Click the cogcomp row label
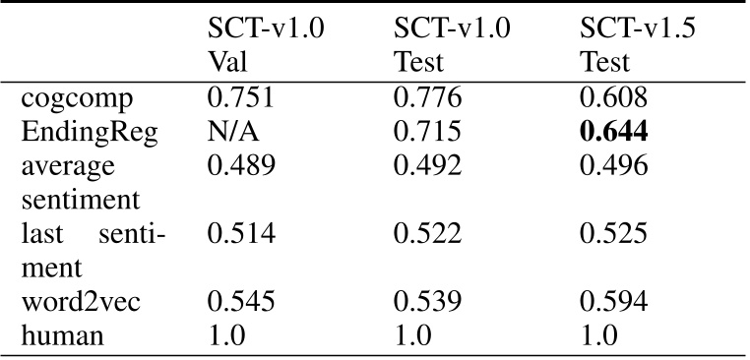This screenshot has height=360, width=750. [x=77, y=99]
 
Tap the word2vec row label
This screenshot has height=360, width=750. [x=81, y=302]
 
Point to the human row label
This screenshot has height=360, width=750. [x=62, y=335]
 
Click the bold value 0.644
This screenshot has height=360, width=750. [x=613, y=132]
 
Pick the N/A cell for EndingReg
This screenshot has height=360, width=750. [x=233, y=132]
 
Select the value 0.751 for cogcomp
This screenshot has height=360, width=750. [x=240, y=97]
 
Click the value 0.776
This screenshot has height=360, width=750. [x=427, y=97]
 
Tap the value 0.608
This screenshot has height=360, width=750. [x=613, y=97]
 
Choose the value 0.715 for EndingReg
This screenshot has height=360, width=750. [x=427, y=132]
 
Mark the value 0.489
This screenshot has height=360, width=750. [x=241, y=165]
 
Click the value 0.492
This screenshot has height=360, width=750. [x=427, y=165]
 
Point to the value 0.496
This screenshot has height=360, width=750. [x=613, y=165]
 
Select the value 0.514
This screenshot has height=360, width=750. [x=241, y=233]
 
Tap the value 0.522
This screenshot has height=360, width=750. [x=427, y=233]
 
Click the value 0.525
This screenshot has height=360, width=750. [x=613, y=233]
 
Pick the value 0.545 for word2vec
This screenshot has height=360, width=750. [x=241, y=302]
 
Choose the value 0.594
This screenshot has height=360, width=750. [x=613, y=302]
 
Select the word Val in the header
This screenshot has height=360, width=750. [x=227, y=63]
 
